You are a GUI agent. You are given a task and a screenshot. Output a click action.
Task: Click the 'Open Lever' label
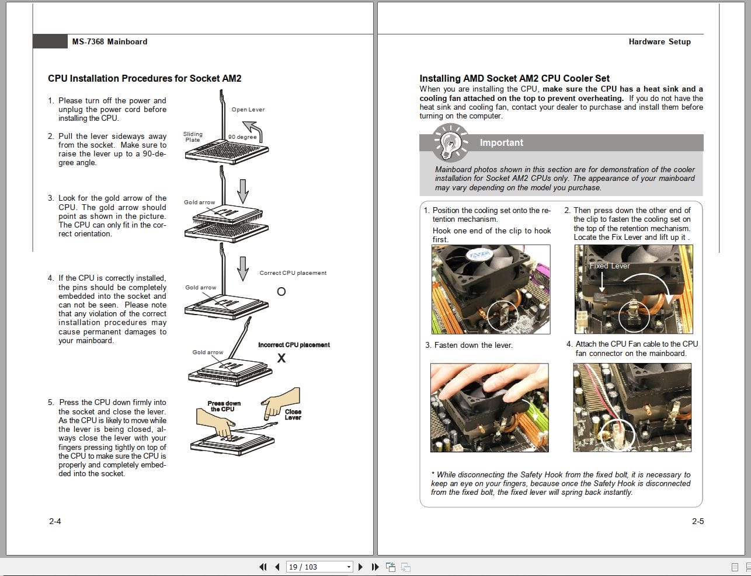(248, 110)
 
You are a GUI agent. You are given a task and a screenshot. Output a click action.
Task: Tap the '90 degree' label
(242, 137)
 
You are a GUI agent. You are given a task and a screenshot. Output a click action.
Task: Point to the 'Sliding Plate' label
(193, 137)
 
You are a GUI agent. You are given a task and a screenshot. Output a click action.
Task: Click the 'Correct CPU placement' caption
(293, 273)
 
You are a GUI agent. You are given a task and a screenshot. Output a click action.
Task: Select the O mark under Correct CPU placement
(281, 291)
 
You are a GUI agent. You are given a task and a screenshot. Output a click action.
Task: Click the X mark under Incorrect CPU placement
(281, 358)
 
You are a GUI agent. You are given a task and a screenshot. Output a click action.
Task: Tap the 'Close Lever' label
(293, 414)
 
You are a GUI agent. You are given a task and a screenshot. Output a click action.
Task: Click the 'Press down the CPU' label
(224, 406)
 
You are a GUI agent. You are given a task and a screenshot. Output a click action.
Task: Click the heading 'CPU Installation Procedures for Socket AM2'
(144, 78)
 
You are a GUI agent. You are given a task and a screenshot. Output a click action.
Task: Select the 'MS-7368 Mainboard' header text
(110, 41)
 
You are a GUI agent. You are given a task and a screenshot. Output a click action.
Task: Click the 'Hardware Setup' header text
(659, 41)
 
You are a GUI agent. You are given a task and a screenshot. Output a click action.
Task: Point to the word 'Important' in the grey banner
(501, 143)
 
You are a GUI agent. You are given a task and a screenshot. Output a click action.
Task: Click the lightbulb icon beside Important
(450, 143)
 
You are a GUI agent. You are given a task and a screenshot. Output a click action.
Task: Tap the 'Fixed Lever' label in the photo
(610, 266)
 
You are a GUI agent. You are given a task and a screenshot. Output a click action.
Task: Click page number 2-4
(55, 521)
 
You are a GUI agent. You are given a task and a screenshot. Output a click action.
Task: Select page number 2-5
(698, 521)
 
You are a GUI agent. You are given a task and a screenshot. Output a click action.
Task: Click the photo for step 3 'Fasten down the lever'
(489, 407)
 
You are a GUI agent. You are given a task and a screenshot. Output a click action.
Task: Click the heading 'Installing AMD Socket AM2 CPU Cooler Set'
(514, 78)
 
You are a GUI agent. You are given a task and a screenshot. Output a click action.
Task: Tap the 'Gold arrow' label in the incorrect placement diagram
(208, 352)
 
